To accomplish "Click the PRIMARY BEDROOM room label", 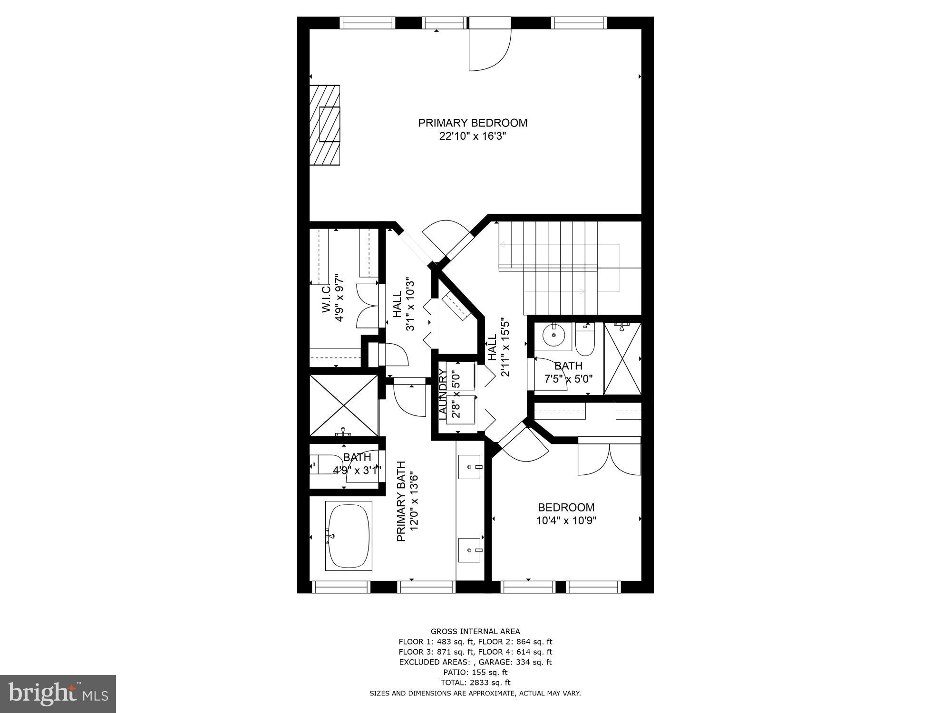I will coord(473,123).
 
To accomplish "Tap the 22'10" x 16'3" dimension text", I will coord(473,136).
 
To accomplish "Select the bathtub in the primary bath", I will coord(349,536).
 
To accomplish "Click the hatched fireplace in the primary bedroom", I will coord(325,125).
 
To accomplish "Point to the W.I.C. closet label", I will coord(326,299).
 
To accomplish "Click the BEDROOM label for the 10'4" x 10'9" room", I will coord(566,507).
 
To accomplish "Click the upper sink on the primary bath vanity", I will coord(470,467).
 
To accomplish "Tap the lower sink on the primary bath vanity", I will coord(470,550).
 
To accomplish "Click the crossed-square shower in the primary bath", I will coord(344,405).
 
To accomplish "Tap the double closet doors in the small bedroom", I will coord(610,460).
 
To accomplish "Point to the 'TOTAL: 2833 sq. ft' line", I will coord(475,683).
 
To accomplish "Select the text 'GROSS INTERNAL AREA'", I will coord(475,631).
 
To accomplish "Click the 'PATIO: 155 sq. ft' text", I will coord(475,672).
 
